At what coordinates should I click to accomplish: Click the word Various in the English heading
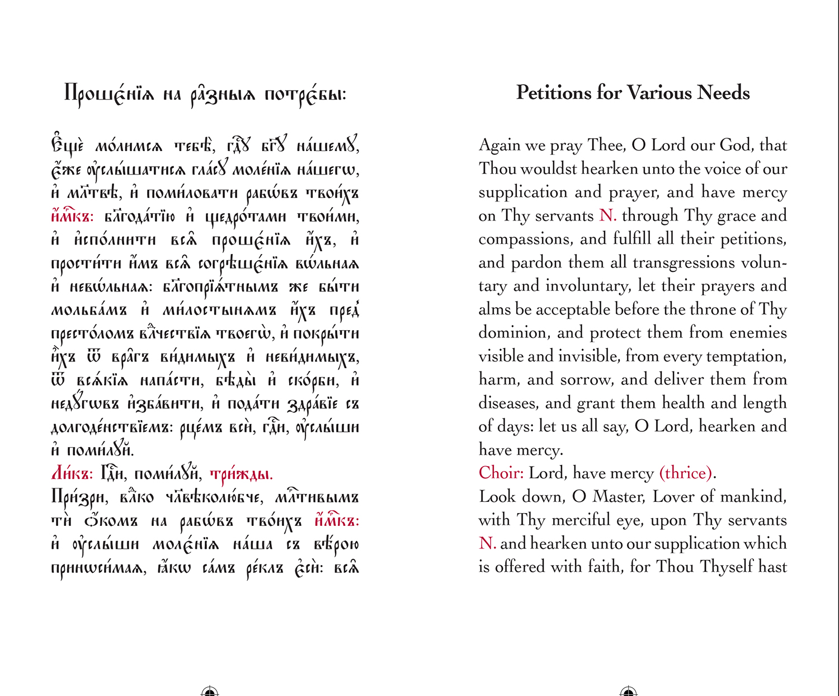click(659, 93)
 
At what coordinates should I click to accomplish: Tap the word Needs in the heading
click(723, 93)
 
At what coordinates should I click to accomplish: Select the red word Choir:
click(501, 473)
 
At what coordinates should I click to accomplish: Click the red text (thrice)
click(686, 473)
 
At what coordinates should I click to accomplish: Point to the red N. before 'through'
click(607, 215)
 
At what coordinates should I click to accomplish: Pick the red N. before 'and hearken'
click(487, 543)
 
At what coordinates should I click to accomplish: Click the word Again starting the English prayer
click(499, 146)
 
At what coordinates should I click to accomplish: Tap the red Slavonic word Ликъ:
click(72, 474)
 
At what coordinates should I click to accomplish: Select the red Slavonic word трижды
click(241, 475)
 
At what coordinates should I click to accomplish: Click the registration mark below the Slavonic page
click(210, 692)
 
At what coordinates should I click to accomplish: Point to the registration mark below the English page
click(629, 692)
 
